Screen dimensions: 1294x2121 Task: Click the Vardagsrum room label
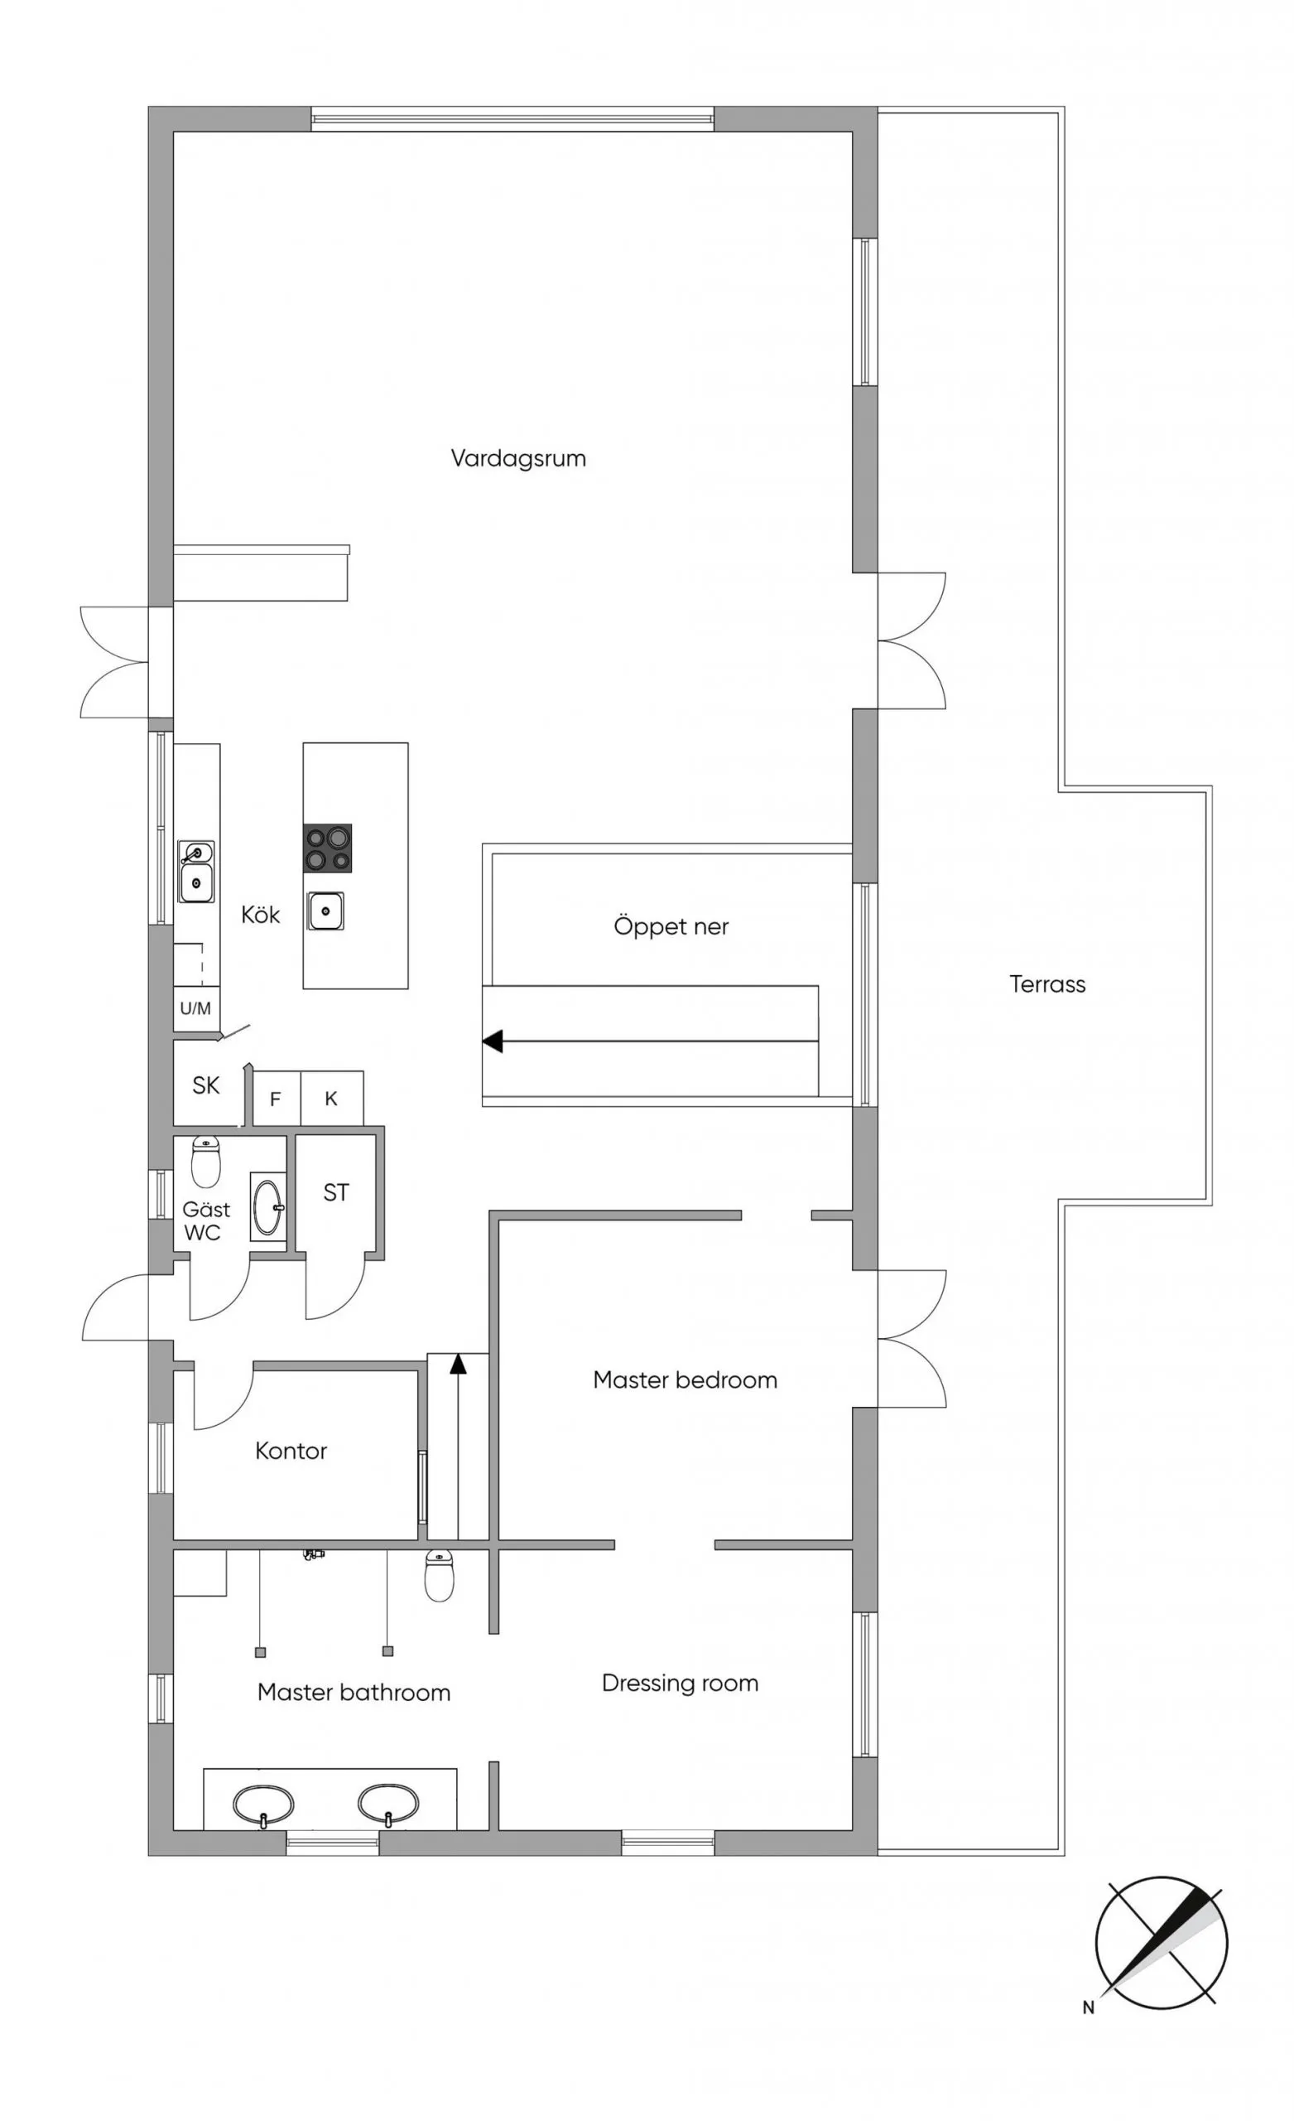518,458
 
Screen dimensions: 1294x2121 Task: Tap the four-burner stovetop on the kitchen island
328,848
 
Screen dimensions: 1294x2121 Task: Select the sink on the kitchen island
326,910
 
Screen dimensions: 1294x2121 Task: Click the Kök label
260,914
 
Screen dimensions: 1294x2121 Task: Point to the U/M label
195,1008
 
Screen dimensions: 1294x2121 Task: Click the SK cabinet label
205,1085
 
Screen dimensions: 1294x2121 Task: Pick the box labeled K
332,1098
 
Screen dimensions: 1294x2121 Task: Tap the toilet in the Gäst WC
205,1162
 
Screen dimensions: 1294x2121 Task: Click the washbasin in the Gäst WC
267,1206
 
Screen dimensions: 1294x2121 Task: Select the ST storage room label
335,1192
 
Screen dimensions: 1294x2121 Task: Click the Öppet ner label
671,927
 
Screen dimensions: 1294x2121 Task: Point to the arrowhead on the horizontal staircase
492,1041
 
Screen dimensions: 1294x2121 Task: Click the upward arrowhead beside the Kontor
458,1364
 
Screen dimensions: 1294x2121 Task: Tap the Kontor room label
291,1452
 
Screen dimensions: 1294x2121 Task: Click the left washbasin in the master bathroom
263,1805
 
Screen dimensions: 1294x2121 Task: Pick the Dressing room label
680,1683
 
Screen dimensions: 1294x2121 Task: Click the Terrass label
1047,984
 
